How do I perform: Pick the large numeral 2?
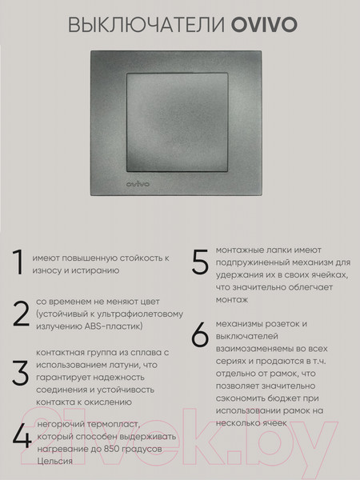tap(20, 314)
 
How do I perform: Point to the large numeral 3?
tap(20, 372)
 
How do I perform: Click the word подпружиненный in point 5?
tap(257, 262)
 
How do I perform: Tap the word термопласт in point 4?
tap(112, 424)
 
